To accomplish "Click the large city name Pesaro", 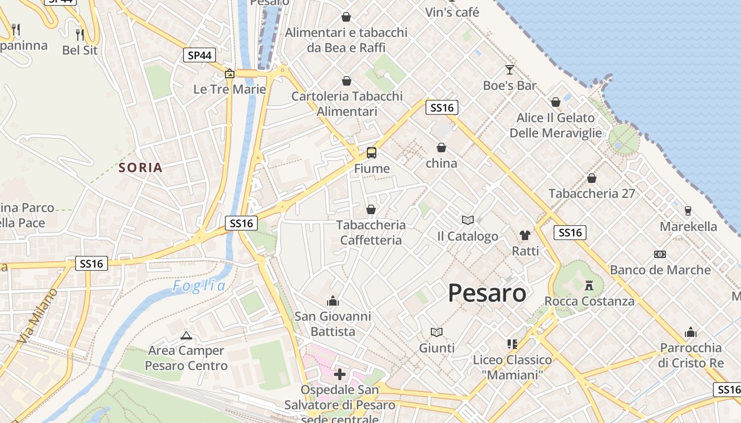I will pos(487,293).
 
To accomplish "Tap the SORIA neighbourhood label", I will pos(140,168).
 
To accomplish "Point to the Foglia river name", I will pos(199,286).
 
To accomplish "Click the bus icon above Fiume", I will pos(372,153).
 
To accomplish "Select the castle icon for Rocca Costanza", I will pos(588,286).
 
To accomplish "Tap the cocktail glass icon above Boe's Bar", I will pos(509,70).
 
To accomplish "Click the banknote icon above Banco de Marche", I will pos(659,254).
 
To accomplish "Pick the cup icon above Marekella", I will pos(688,210).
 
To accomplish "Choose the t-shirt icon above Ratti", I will pos(525,235).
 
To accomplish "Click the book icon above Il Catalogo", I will pos(467,220).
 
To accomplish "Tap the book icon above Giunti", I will pos(436,332).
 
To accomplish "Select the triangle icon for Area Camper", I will pos(186,335).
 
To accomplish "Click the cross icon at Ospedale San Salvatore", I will pos(340,374).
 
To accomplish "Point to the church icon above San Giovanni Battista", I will pos(332,301).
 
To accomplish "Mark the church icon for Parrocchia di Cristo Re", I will pos(690,332).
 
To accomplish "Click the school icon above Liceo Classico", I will pos(512,344).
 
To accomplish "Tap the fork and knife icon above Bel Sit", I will pos(80,34).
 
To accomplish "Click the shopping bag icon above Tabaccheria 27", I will pos(591,178).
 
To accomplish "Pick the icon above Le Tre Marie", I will pos(230,73).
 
